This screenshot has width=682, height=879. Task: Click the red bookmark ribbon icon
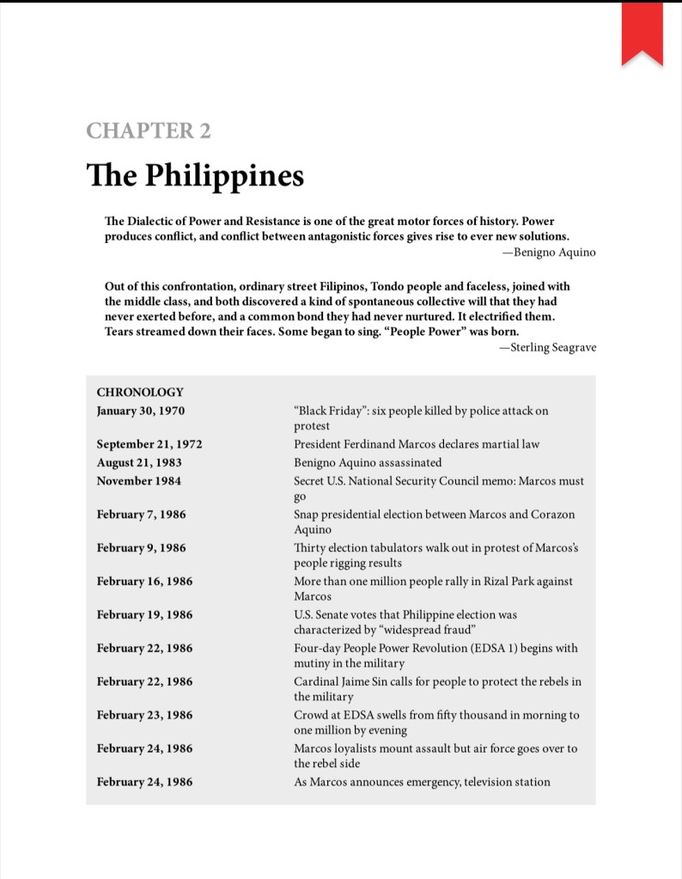[x=642, y=33]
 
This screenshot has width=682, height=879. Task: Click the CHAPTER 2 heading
[x=149, y=131]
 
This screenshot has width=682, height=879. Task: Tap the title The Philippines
[x=195, y=175]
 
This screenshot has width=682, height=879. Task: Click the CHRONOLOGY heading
[x=140, y=392]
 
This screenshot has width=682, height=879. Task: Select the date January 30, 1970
[x=140, y=411]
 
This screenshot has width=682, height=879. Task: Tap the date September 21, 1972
[x=149, y=444]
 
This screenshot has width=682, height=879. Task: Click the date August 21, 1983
[x=138, y=462]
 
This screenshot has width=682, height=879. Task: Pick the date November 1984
[x=139, y=480]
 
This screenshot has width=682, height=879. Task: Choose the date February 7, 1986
[x=141, y=514]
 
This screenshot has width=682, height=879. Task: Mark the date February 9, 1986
[x=141, y=547]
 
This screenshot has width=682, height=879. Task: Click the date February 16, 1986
[x=144, y=581]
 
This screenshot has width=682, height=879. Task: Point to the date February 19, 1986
[x=144, y=614]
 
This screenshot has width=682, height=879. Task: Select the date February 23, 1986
[x=144, y=715]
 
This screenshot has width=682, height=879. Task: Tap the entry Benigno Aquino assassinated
[x=368, y=462]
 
